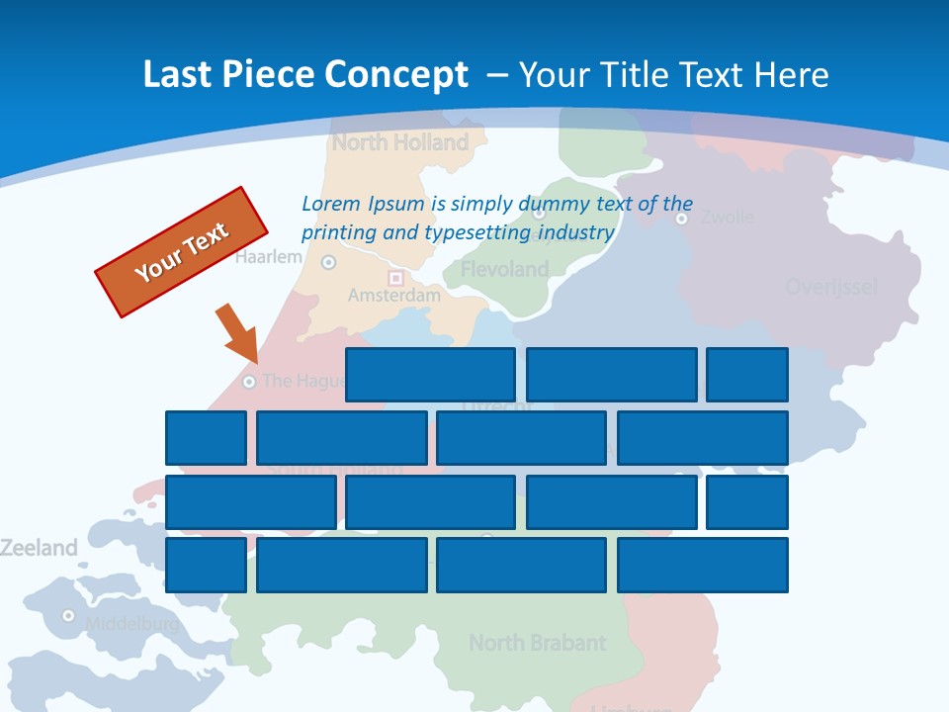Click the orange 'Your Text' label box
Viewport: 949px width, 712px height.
pos(182,252)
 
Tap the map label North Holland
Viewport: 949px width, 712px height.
pos(400,142)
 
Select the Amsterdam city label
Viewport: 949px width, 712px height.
pos(393,295)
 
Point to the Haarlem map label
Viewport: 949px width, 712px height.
pos(269,257)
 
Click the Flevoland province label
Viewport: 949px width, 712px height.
pos(504,269)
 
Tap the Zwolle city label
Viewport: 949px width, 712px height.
pos(727,217)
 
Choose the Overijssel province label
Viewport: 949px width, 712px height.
pos(830,287)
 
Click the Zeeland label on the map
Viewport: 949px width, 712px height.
pos(39,548)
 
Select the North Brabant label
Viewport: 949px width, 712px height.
pos(537,643)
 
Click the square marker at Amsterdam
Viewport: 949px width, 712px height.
pos(396,279)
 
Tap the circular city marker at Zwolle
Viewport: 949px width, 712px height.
pos(681,219)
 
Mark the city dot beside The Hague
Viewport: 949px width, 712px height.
pos(249,382)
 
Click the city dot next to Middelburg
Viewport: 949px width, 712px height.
pos(68,615)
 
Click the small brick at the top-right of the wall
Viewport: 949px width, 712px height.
pos(746,375)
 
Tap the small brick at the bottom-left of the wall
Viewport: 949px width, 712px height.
pos(206,565)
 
